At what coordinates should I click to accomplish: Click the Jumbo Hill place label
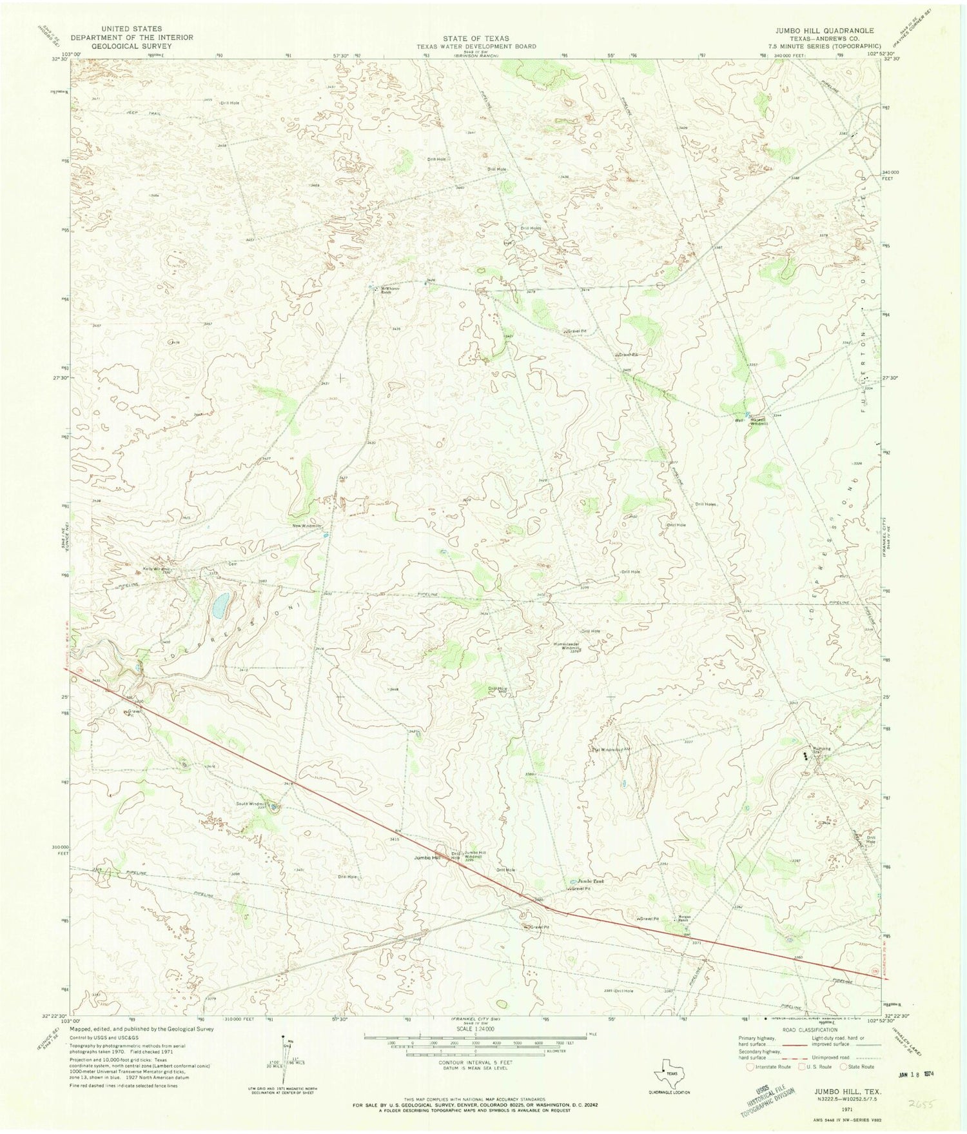[x=427, y=858]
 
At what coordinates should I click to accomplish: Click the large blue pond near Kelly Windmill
[x=220, y=604]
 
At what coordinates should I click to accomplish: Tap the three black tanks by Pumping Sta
[x=806, y=753]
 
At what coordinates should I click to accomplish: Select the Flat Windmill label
[x=607, y=750]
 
